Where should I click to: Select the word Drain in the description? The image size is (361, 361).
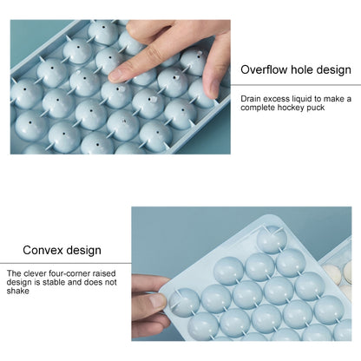pyautogui.click(x=251, y=99)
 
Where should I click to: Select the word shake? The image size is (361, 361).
pyautogui.click(x=18, y=291)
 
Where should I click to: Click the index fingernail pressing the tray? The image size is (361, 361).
pyautogui.click(x=115, y=75)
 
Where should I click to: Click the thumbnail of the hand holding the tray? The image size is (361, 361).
pyautogui.click(x=157, y=301)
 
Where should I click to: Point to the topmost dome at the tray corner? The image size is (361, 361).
pyautogui.click(x=272, y=240)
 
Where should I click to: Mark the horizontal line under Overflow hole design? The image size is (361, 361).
pyautogui.click(x=296, y=85)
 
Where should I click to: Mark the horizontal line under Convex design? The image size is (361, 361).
pyautogui.click(x=66, y=263)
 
